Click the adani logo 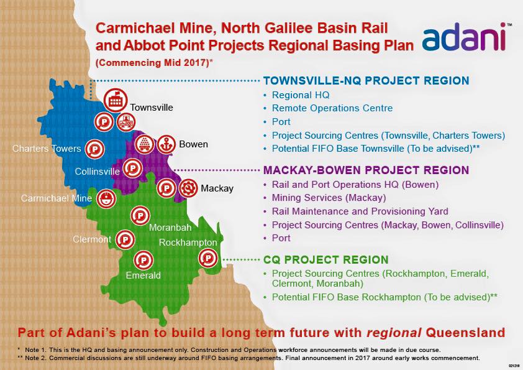[464, 37]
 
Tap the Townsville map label [152, 108]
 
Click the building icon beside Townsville [116, 100]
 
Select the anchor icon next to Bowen [166, 145]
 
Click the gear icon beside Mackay [188, 188]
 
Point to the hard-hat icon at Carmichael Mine [106, 198]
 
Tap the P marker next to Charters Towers [95, 149]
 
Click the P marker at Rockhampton [208, 258]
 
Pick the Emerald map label [143, 275]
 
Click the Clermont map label [92, 239]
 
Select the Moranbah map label [170, 228]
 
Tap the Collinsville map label [97, 171]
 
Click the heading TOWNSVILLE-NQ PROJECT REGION [366, 81]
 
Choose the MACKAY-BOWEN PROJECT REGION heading [366, 170]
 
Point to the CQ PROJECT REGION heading [326, 260]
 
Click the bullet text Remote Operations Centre [332, 108]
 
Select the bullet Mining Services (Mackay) [329, 198]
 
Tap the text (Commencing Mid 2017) [154, 63]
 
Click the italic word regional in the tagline [394, 333]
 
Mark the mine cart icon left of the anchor [145, 145]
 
